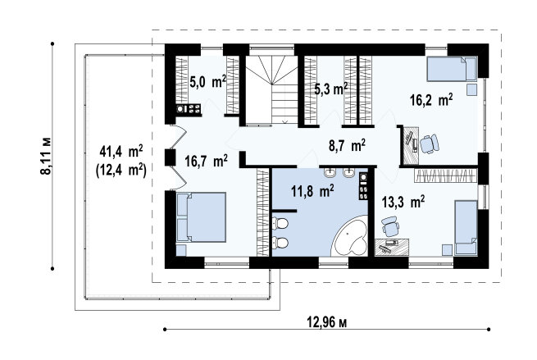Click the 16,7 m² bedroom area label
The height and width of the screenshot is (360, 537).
206,161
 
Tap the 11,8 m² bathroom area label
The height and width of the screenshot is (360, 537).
312,191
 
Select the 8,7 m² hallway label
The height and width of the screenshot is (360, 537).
347,145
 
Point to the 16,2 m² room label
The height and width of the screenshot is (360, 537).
431,100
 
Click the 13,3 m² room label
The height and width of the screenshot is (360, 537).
403,202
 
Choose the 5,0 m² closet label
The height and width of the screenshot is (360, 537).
207,83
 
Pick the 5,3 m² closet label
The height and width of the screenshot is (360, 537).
331,89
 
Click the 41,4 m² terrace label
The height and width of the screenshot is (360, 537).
121,151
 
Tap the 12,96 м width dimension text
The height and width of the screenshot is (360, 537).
326,322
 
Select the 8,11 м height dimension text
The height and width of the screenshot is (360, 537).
46,156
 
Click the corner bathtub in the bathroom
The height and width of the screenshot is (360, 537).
350,236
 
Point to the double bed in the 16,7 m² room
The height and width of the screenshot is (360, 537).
201,217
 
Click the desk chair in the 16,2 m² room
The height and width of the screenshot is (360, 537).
430,144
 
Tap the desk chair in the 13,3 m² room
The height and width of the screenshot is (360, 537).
390,226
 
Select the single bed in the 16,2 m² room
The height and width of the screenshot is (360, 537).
452,69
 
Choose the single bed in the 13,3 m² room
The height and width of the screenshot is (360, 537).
466,228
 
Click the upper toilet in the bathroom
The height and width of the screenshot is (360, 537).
280,224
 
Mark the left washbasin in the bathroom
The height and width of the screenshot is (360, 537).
330,173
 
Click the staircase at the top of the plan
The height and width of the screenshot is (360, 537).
271,89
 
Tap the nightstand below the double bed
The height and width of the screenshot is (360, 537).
181,250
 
